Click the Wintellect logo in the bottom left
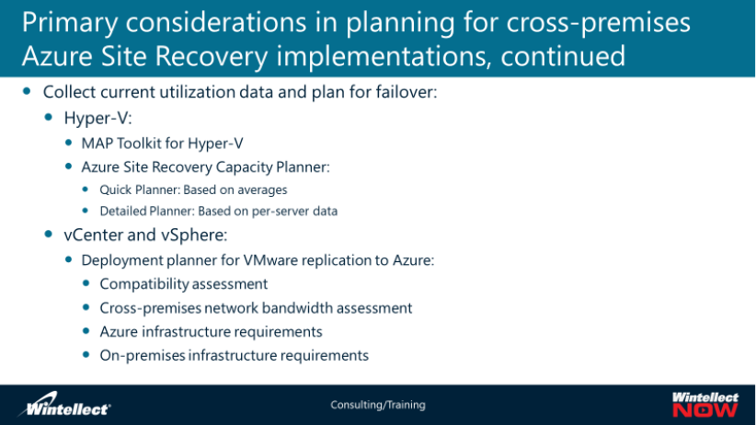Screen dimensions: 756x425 coord(64,404)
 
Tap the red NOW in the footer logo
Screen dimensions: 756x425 coord(704,410)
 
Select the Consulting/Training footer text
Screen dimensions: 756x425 coord(378,405)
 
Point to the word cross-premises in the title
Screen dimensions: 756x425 coord(599,23)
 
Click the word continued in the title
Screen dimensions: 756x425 coord(563,56)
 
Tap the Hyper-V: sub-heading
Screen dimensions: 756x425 coord(97,118)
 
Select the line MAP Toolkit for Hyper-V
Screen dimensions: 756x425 coord(162,144)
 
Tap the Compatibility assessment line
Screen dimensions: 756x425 coord(184,283)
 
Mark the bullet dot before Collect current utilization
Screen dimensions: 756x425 coord(27,91)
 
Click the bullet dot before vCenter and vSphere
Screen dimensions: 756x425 coord(48,234)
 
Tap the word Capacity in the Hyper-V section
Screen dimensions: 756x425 coord(244,167)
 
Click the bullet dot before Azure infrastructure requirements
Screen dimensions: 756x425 coord(86,331)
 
